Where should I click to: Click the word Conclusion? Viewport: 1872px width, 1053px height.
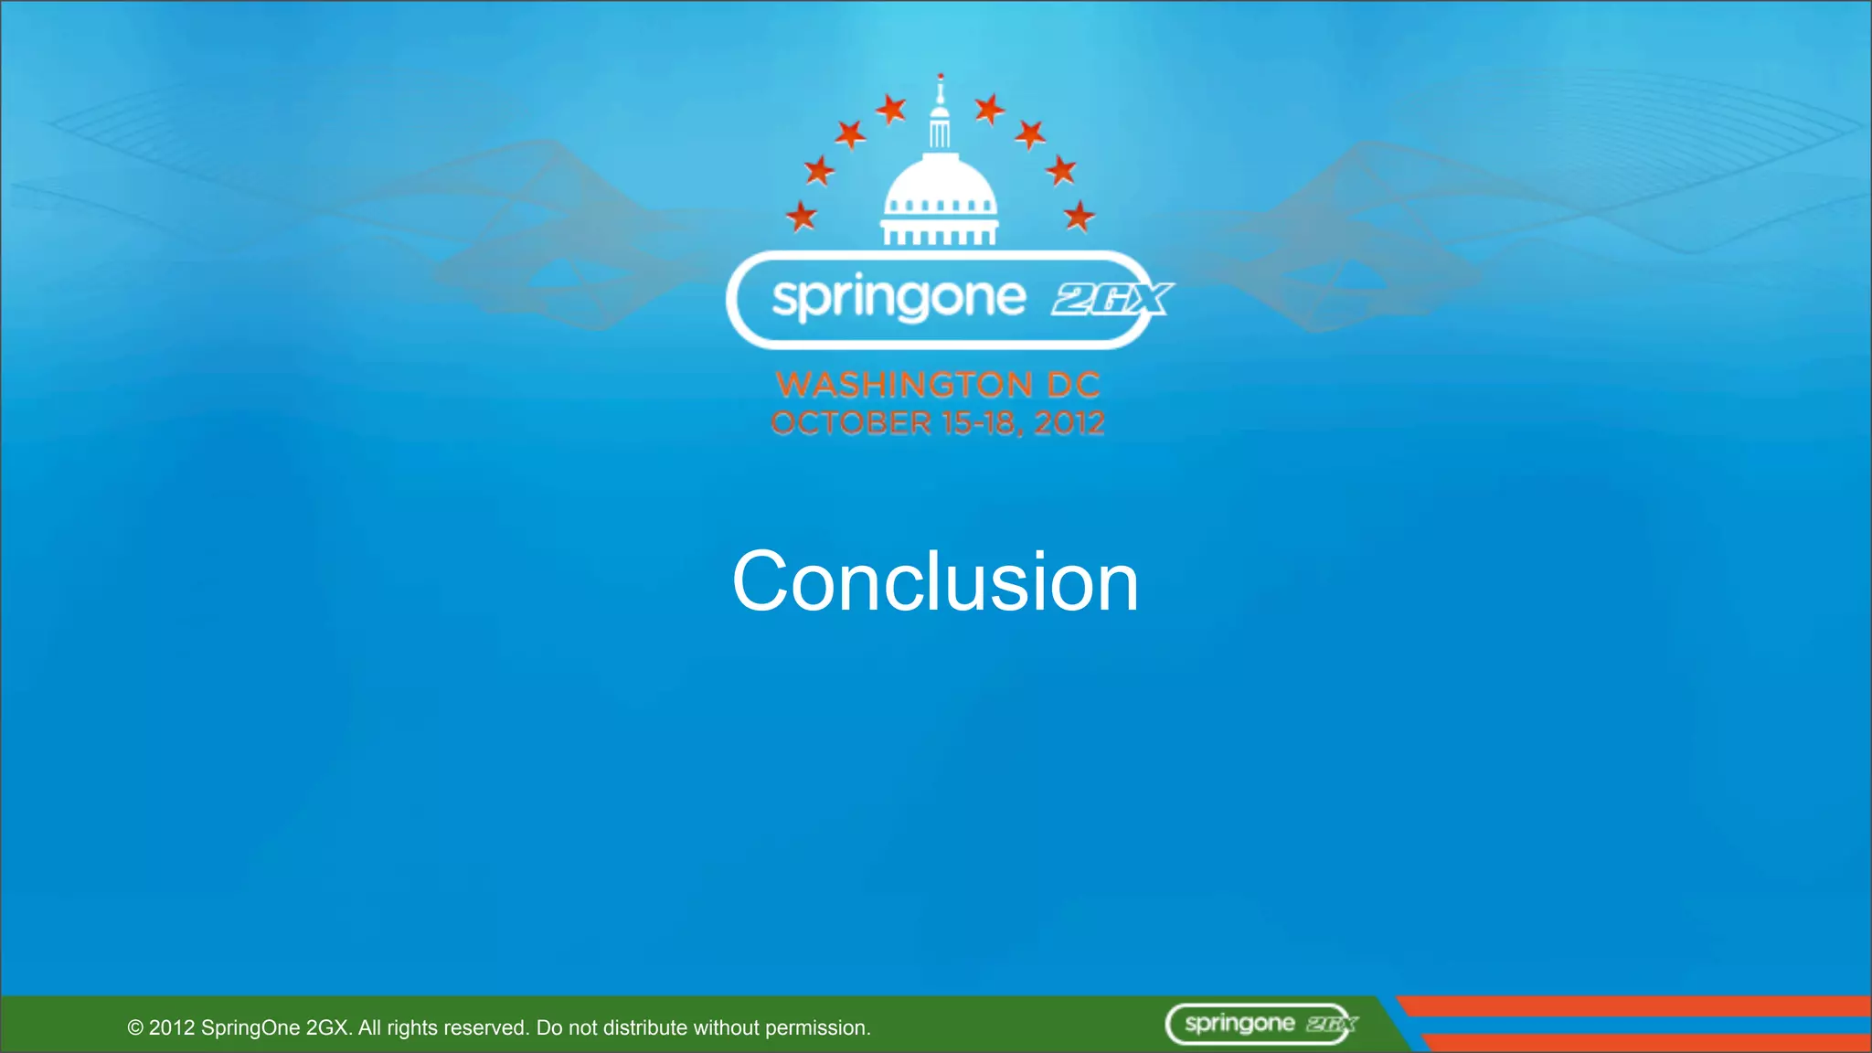pyautogui.click(x=935, y=581)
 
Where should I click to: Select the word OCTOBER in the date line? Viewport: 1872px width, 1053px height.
pyautogui.click(x=850, y=423)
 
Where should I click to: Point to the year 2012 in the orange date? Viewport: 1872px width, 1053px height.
pyautogui.click(x=1069, y=423)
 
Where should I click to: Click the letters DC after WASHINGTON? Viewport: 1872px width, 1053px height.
pyautogui.click(x=1073, y=385)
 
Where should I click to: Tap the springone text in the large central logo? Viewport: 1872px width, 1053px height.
pyautogui.click(x=899, y=299)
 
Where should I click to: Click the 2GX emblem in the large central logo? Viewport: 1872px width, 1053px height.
pyautogui.click(x=1111, y=299)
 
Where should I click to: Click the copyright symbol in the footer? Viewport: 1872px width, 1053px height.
pyautogui.click(x=135, y=1028)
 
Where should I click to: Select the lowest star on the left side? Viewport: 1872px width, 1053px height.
pyautogui.click(x=802, y=217)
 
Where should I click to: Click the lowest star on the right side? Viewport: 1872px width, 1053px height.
pyautogui.click(x=1080, y=217)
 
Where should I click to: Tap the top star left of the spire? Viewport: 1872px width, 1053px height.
pyautogui.click(x=891, y=110)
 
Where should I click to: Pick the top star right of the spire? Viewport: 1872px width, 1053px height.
pyautogui.click(x=989, y=110)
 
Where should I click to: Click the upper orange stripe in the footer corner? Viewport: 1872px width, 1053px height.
pyautogui.click(x=1636, y=1006)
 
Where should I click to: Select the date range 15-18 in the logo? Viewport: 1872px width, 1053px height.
pyautogui.click(x=983, y=423)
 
